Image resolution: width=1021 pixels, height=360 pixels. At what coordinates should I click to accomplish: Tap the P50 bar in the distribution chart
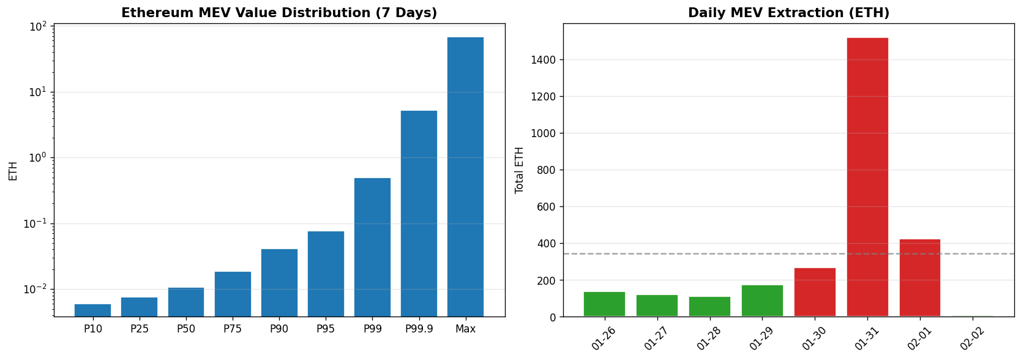186,302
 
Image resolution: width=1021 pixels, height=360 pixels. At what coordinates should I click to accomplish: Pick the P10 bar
92,310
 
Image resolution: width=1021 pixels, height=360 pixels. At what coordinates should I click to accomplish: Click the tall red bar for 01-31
867,177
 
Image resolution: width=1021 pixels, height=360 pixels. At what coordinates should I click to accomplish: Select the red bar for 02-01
919,278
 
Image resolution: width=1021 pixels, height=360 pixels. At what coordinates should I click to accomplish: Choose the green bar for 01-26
604,304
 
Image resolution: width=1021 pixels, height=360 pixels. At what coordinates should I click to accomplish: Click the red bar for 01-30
815,292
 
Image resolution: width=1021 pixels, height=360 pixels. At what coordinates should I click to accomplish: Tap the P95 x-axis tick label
326,329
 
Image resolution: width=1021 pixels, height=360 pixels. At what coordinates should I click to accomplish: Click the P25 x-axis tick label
140,329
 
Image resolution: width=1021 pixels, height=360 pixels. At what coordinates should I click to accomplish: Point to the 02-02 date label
973,339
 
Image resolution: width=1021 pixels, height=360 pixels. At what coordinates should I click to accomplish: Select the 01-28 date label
709,339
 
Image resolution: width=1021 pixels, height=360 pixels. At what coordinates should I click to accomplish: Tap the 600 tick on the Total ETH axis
546,207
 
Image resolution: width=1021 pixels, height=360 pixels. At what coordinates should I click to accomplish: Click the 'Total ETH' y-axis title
520,170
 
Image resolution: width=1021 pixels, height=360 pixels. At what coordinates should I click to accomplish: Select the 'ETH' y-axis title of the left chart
13,171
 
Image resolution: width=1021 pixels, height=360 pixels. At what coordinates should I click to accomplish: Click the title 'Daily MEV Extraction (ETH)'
788,13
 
